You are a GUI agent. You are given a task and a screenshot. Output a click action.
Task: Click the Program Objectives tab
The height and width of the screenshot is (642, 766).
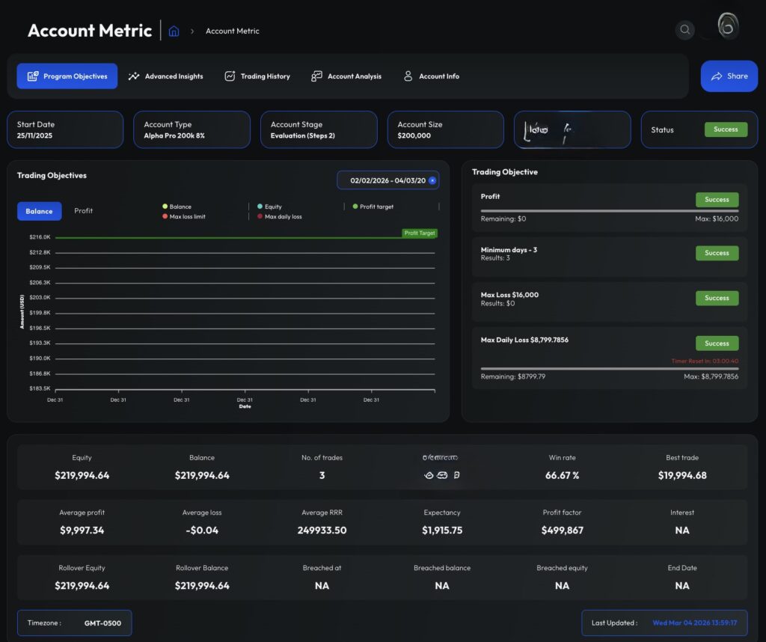[x=67, y=76]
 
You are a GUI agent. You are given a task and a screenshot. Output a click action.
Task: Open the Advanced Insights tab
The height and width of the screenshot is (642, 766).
[x=165, y=76]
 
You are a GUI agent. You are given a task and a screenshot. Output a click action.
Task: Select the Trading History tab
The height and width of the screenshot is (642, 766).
[x=257, y=76]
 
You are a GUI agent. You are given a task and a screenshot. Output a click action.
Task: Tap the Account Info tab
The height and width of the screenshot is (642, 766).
[x=431, y=76]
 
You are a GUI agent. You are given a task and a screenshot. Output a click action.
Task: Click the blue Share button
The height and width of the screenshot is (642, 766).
[x=729, y=76]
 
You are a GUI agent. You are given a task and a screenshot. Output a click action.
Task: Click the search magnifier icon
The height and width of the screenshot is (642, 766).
[x=684, y=31]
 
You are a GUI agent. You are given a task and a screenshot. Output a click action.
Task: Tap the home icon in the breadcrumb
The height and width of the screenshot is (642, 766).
[x=174, y=31]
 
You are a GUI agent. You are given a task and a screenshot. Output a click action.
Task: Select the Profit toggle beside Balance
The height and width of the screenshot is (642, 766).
[x=84, y=211]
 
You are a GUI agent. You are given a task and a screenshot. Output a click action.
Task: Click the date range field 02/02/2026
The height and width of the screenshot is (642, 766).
[x=387, y=180]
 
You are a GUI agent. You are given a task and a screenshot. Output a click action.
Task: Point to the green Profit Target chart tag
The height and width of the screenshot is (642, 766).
[x=419, y=233]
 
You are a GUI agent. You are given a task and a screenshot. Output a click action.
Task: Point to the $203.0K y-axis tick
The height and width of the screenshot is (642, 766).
[x=40, y=298]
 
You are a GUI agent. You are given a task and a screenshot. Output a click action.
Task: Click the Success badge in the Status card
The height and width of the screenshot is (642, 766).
[x=726, y=129]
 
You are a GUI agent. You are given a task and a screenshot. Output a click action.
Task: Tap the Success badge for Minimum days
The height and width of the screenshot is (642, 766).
[x=717, y=253]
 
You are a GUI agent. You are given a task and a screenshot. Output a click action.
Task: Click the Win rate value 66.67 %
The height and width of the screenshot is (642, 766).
[x=562, y=475]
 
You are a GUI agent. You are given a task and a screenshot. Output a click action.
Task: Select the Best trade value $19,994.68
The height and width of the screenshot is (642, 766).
[x=682, y=475]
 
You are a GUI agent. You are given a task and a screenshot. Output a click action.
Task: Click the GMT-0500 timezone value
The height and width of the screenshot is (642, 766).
[x=102, y=623]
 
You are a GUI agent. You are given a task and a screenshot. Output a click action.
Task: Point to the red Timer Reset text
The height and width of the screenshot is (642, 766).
[x=705, y=361]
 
